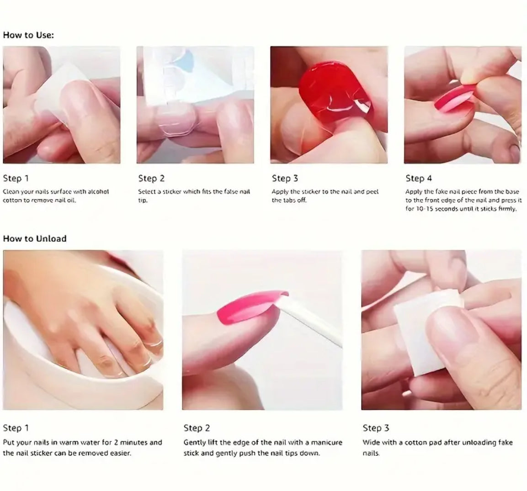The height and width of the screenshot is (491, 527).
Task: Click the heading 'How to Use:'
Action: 28,35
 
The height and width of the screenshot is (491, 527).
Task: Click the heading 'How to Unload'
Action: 35,238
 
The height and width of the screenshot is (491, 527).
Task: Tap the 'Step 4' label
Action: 418,178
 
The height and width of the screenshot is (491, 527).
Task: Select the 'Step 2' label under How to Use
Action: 151,179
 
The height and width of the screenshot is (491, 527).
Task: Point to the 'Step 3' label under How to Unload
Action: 376,428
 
